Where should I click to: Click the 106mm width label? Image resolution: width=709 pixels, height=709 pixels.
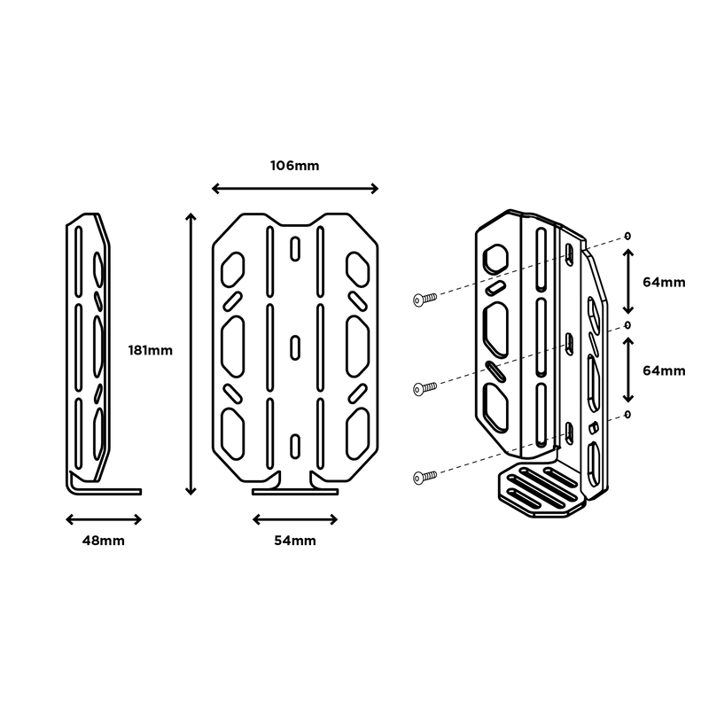295,166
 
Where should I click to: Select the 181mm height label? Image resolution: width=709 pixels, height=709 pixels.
150,349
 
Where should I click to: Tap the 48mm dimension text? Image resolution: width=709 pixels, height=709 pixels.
104,540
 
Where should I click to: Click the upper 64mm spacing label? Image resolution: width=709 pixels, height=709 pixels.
664,282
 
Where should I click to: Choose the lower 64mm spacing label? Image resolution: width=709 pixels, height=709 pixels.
664,370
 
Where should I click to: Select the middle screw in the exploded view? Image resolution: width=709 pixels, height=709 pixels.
425,386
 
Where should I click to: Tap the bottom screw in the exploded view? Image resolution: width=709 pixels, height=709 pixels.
425,477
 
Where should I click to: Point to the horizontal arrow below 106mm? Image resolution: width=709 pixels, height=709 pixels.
295,188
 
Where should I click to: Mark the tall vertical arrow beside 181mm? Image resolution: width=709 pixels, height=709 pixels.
189,353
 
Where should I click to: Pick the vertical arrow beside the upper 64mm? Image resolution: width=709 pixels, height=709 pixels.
628,282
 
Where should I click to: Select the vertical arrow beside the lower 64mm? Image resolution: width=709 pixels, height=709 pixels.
628,370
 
